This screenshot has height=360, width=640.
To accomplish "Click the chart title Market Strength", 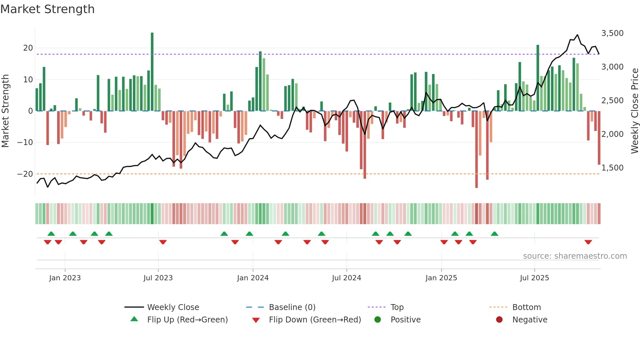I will [x=47, y=9].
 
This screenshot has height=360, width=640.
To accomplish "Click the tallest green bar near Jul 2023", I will [x=152, y=72].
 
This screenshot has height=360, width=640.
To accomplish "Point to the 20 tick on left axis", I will [x=28, y=48].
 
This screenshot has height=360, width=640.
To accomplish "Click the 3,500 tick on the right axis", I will [x=612, y=33].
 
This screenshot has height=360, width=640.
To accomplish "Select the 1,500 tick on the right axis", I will [x=612, y=168].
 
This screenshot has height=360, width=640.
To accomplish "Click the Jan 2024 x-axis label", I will [x=253, y=278].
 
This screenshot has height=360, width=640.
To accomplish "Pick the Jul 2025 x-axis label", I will [x=535, y=278].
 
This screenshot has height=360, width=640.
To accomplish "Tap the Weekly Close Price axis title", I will [x=634, y=111].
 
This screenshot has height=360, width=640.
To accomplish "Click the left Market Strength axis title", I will [x=5, y=111].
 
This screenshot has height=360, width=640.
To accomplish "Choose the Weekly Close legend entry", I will [x=173, y=307].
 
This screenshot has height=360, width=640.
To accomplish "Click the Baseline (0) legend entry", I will [x=292, y=307].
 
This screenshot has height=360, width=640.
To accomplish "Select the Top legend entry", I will [x=397, y=307].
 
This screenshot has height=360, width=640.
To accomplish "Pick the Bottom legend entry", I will [x=526, y=307].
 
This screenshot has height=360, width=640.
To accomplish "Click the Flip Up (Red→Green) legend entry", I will [x=187, y=320].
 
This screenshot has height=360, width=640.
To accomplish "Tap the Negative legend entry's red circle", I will [x=499, y=320].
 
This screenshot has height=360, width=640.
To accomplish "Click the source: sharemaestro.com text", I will [x=575, y=256].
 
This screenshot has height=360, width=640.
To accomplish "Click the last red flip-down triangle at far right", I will [x=588, y=242].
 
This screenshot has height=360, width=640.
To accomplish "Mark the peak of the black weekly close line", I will [x=577, y=35].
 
